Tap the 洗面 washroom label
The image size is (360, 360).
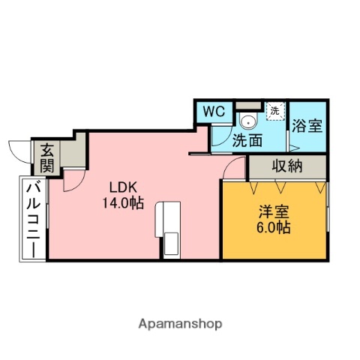point(247,139)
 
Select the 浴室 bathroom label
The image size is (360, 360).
point(307,125)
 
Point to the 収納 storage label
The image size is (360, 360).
point(287,166)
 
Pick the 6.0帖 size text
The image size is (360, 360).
point(272,226)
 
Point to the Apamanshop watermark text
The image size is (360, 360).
point(180,324)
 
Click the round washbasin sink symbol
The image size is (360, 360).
point(248,123)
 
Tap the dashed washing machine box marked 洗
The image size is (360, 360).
point(274,111)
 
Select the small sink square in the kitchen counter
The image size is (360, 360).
point(171,244)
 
